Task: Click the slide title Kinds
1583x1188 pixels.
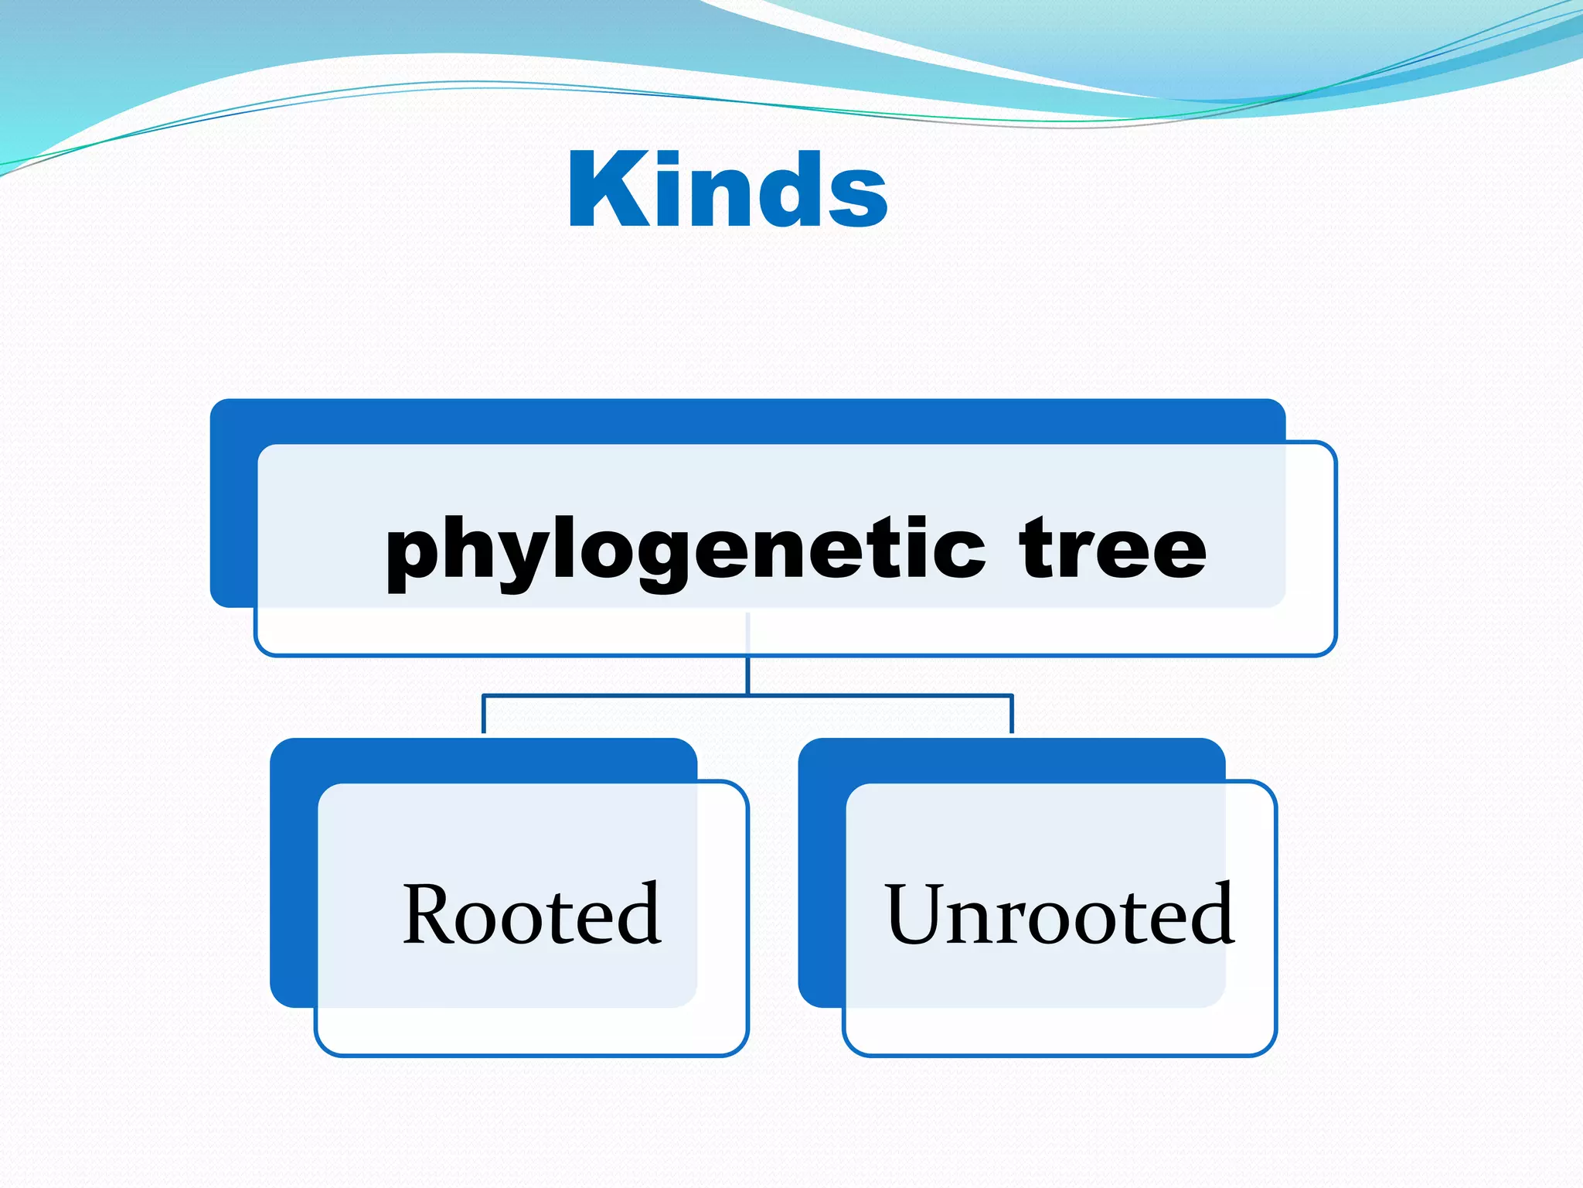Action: tap(727, 190)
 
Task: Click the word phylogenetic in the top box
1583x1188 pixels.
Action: tap(685, 551)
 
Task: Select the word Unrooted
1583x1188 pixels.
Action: tap(1059, 915)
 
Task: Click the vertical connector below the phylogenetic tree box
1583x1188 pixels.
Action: tap(747, 674)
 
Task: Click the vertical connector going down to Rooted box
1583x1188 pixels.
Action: tap(484, 715)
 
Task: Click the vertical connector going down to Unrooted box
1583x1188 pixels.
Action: tap(1011, 715)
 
